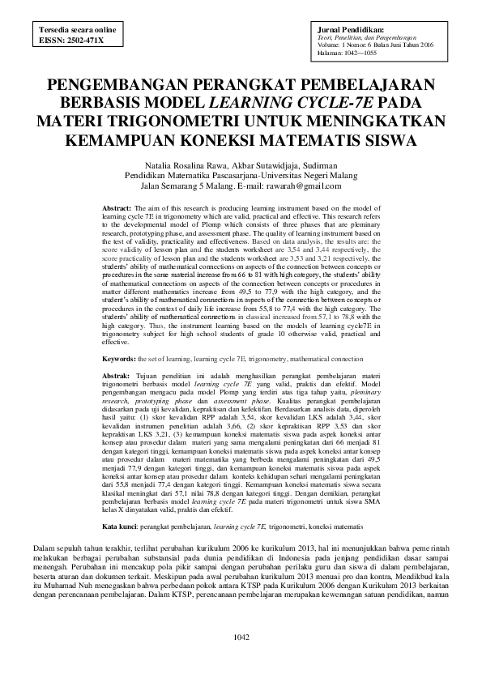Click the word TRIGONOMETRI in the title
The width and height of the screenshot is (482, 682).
174,121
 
